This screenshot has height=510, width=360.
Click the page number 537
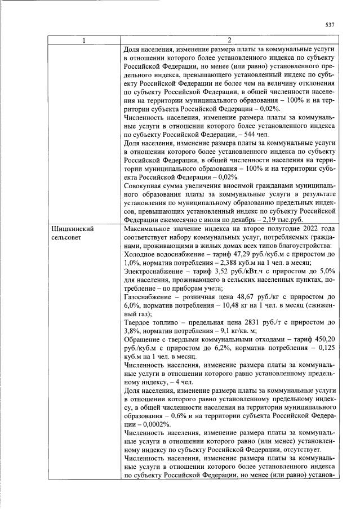pyautogui.click(x=330, y=24)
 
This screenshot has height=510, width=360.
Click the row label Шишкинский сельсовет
pyautogui.click(x=73, y=234)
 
